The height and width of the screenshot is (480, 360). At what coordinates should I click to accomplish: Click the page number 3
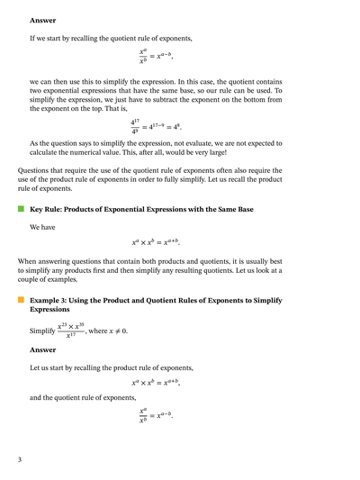[x=19, y=460]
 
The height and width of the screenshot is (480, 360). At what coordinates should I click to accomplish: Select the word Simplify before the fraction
[x=42, y=331]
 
